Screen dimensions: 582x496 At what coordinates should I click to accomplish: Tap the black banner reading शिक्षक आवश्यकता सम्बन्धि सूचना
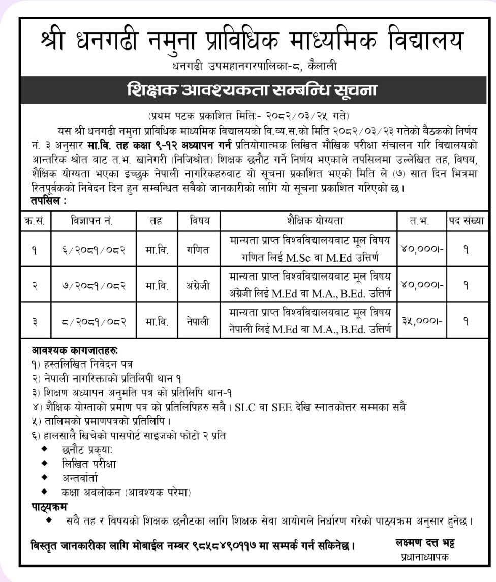[x=251, y=91]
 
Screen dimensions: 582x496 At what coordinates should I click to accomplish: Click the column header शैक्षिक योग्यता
[x=308, y=221]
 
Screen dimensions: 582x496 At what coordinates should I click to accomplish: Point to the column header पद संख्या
[x=465, y=221]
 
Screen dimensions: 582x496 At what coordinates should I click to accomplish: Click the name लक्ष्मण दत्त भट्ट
[x=425, y=543]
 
